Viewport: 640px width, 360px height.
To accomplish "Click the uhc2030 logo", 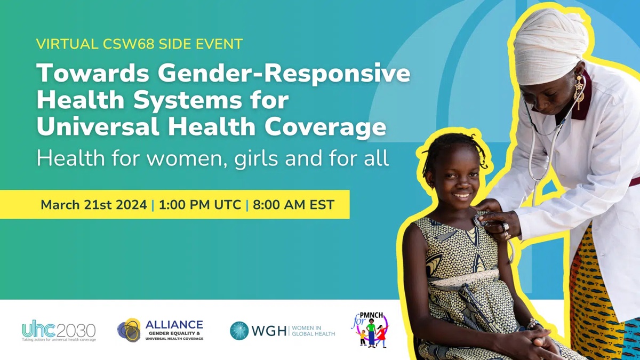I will click(59, 331).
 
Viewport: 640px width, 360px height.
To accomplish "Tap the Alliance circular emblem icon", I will click(129, 330).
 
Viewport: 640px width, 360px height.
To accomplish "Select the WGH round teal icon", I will click(239, 331).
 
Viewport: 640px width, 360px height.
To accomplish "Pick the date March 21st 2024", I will click(94, 205).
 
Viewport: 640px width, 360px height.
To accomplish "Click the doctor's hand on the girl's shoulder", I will click(499, 219).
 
